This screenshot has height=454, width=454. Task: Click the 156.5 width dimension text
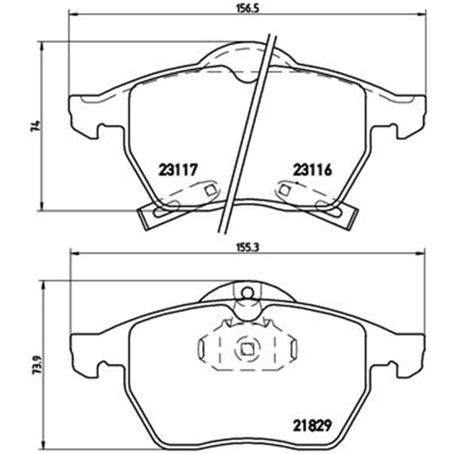tap(247, 8)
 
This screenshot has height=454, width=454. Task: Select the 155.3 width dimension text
tap(247, 247)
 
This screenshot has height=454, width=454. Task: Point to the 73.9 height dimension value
tap(37, 365)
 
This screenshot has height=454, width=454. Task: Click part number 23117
tap(178, 170)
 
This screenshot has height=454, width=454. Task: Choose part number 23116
tap(312, 170)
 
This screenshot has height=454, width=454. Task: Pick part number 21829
tap(312, 425)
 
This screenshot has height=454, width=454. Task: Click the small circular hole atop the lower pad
tap(247, 293)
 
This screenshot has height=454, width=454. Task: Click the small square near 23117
tap(210, 190)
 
